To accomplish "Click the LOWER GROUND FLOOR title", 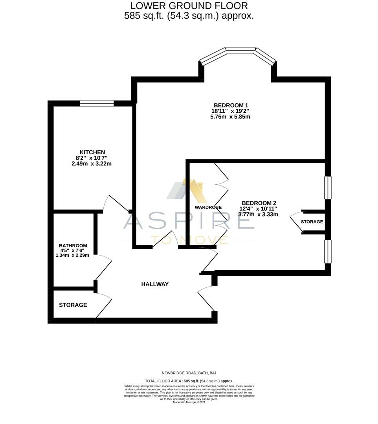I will pos(189,6).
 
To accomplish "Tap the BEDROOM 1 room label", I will pos(231,105).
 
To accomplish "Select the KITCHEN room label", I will pos(92,152).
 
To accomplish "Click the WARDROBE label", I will pos(208,207).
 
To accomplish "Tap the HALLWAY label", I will pos(155,284).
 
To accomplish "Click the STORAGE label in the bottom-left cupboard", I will pos(73,305).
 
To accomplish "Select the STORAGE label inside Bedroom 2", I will pos(312,222).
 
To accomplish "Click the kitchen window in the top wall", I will pos(97,104).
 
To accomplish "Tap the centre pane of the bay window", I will pos(240,50).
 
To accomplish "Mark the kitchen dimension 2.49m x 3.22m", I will pos(92,164).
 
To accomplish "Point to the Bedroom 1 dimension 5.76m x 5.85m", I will pos(230,117).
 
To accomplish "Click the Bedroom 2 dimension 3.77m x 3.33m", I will pos(258,214).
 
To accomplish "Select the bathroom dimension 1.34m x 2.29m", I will pos(72,255).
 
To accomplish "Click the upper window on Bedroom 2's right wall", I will pos(327,188).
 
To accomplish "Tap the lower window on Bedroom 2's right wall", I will pos(327,252).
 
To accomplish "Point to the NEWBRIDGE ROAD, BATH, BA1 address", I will pos(189,373).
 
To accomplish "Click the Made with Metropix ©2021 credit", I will pos(189,402).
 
